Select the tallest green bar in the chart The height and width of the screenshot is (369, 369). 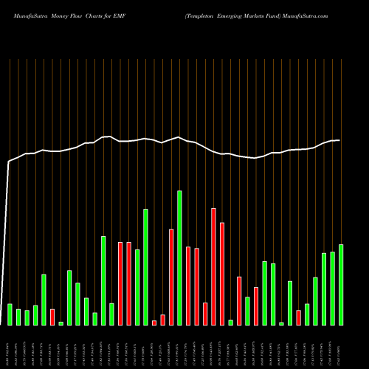coord(179,258)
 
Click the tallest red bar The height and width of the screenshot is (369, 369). coord(213,266)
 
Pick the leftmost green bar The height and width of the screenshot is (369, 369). coord(10,314)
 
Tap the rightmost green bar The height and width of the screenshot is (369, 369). coord(341,284)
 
